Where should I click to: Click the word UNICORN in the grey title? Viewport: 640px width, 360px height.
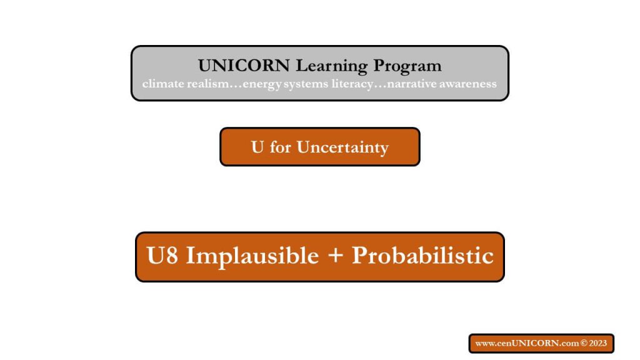pyautogui.click(x=244, y=65)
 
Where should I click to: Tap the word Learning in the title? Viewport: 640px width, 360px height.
pyautogui.click(x=332, y=66)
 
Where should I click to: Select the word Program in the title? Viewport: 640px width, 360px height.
pyautogui.click(x=407, y=66)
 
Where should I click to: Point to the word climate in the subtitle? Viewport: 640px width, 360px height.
pyautogui.click(x=163, y=84)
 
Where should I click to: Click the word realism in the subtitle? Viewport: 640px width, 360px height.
pyautogui.click(x=207, y=84)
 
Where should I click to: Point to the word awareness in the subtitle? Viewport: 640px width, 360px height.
pyautogui.click(x=468, y=84)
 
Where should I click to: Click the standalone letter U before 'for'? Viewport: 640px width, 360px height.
pyautogui.click(x=257, y=147)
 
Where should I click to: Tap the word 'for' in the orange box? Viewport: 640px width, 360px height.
pyautogui.click(x=281, y=147)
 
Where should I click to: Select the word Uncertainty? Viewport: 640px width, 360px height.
pyautogui.click(x=342, y=147)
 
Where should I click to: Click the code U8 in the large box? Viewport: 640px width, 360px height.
pyautogui.click(x=162, y=256)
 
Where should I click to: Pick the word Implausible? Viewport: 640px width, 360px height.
pyautogui.click(x=252, y=256)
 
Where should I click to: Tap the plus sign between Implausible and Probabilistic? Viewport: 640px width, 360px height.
pyautogui.click(x=335, y=256)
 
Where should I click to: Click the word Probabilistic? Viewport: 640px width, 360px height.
pyautogui.click(x=422, y=256)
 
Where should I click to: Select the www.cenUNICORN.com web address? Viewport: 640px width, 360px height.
pyautogui.click(x=527, y=343)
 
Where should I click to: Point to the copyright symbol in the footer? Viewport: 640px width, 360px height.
pyautogui.click(x=584, y=343)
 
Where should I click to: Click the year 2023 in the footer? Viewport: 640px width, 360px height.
pyautogui.click(x=598, y=343)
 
